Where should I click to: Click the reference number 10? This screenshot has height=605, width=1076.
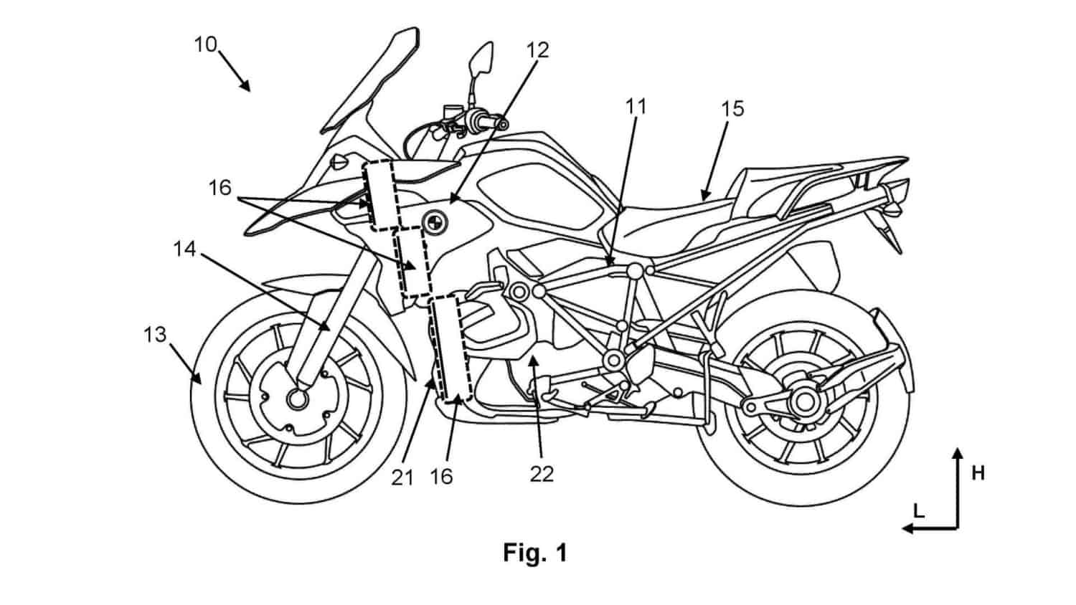[x=206, y=44]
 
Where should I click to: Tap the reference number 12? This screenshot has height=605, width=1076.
[x=537, y=50]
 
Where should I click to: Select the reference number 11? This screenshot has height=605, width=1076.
[x=636, y=107]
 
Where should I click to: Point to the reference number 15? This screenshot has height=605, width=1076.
[x=733, y=109]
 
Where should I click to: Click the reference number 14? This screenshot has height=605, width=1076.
[x=185, y=249]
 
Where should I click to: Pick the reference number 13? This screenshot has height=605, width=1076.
[x=155, y=335]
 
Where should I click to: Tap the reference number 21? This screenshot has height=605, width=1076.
[x=402, y=477]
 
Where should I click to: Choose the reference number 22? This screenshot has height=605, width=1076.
[x=542, y=475]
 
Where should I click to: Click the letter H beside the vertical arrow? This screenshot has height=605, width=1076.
[x=978, y=474]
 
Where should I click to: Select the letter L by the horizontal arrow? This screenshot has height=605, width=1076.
[x=918, y=512]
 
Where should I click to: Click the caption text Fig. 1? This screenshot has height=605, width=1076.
[x=535, y=553]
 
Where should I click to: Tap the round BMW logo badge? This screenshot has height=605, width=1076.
[x=435, y=221]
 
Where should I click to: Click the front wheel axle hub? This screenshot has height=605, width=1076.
[x=297, y=399]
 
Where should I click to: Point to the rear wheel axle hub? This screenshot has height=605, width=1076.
[x=803, y=402]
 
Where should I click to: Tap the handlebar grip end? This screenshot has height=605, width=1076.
[x=502, y=125]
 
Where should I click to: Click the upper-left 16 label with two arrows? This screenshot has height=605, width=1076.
[x=220, y=188]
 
